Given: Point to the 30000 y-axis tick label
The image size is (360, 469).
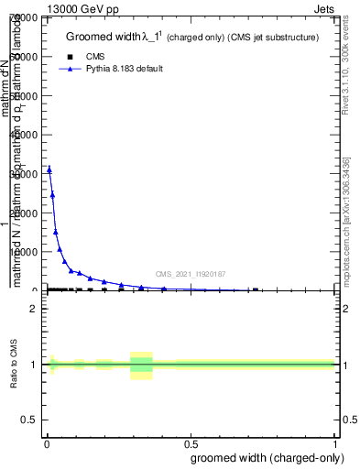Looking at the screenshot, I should pyautogui.click(x=25, y=173).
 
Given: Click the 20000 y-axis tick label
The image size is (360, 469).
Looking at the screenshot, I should pyautogui.click(x=25, y=213).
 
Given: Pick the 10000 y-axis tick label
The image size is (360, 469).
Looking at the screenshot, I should pyautogui.click(x=25, y=252).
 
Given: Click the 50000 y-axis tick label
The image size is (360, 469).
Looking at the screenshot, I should pyautogui.click(x=25, y=95).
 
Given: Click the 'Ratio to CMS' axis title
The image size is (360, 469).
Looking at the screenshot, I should pyautogui.click(x=14, y=364).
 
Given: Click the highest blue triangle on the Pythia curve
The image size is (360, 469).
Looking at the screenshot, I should pyautogui.click(x=49, y=169).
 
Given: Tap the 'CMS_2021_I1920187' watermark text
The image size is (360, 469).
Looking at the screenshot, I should pyautogui.click(x=191, y=274).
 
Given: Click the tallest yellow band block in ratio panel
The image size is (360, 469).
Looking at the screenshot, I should pyautogui.click(x=141, y=365).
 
